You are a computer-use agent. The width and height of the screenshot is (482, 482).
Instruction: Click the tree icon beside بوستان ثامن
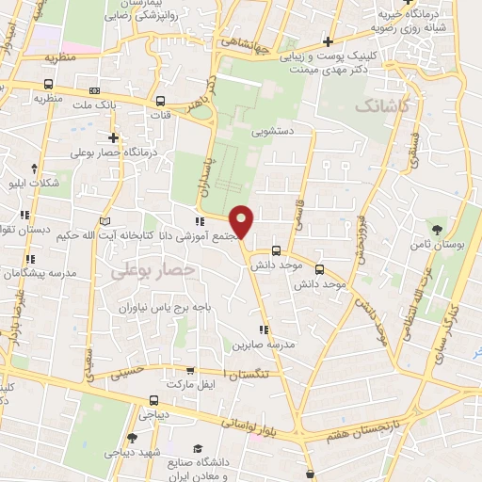click(x=436, y=229)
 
